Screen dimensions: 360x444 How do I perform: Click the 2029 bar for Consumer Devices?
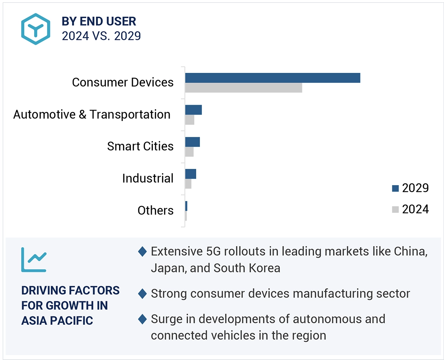pos(272,78)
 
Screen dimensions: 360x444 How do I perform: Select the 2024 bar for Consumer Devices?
pos(244,88)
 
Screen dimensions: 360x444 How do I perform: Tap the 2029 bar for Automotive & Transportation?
pos(194,110)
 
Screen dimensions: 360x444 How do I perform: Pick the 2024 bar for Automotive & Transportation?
pos(190,120)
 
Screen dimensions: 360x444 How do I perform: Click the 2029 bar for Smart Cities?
pos(192,142)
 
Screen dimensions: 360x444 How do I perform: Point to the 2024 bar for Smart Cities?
pos(189,152)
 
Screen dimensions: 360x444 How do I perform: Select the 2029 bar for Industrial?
pos(191,174)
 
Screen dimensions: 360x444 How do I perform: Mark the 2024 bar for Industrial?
pos(188,184)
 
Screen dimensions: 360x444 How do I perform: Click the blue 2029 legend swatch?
pos(395,188)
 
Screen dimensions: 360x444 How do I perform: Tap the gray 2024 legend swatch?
pos(395,209)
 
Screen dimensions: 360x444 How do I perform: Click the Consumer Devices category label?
pos(123,82)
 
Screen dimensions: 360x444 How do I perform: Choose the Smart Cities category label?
pos(140,146)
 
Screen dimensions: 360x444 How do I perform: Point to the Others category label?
pos(155,210)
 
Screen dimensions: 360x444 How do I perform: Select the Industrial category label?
pos(148,178)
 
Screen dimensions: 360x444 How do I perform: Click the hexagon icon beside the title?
pos(36,29)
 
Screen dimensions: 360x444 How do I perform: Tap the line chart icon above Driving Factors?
pos(34,259)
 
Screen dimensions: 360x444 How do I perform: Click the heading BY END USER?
pos(99,21)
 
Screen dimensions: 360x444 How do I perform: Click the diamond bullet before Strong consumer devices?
pos(142,293)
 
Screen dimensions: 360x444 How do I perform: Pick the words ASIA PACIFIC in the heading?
pos(57,321)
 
